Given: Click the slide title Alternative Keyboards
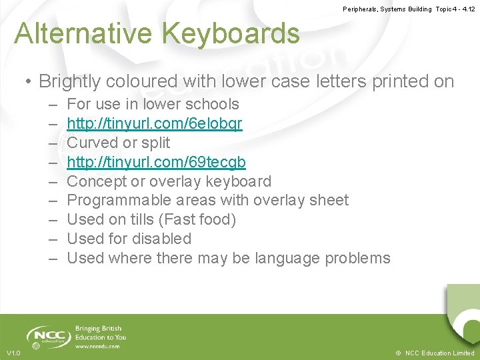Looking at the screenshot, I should point(157,33).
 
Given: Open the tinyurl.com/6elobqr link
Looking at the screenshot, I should point(155,124).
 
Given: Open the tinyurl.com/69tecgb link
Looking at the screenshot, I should point(156,162).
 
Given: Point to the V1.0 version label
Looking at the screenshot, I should point(13,353).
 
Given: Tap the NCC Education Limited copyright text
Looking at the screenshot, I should point(435,353).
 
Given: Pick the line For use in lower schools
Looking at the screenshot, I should point(153,105).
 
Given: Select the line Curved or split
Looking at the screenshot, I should point(119,143).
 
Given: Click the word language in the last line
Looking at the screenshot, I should point(285,258).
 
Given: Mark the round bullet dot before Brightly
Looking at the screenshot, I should point(29,83).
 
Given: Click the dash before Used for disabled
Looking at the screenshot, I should point(53,239).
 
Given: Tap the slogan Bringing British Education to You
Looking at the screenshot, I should point(101,333).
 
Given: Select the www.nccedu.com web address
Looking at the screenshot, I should point(98,346).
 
